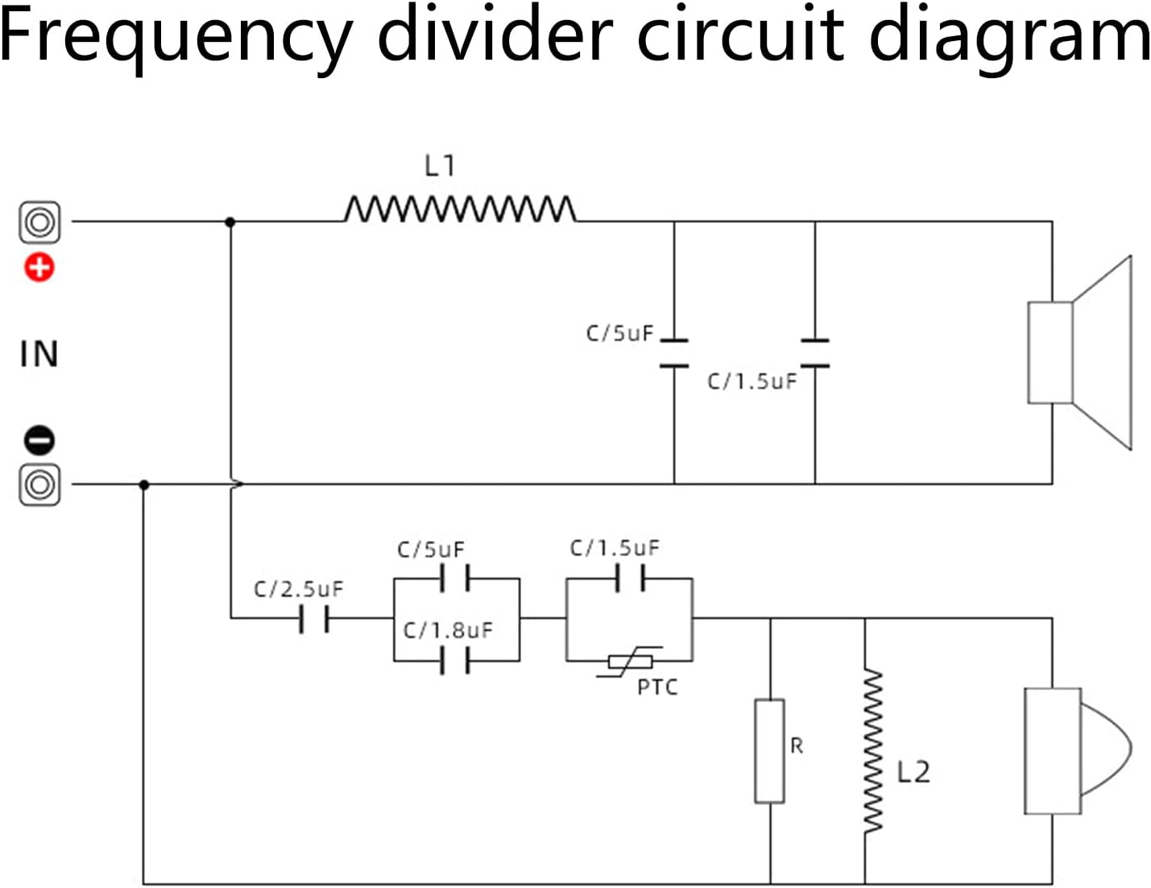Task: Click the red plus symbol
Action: [39, 267]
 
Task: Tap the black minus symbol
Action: [39, 440]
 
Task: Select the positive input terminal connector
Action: [39, 221]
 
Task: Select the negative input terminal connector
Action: [39, 485]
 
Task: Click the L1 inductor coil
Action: [459, 209]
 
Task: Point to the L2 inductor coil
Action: [872, 750]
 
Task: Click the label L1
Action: [440, 166]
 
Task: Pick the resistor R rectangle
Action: [769, 751]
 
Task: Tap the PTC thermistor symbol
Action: [630, 662]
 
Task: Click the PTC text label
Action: [657, 688]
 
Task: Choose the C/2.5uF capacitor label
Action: [298, 589]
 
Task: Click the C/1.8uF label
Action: [447, 630]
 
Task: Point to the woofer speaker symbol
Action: [1079, 353]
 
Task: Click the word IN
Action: [39, 354]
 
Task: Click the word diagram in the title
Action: [1010, 36]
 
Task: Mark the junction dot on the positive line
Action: [230, 221]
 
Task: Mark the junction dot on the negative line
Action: [144, 485]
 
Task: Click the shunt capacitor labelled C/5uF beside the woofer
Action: [674, 353]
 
